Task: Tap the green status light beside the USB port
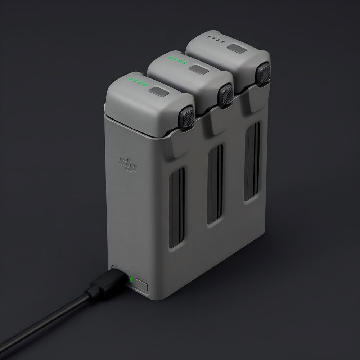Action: click(131, 279)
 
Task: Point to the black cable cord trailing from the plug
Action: click(47, 320)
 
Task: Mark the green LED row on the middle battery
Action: click(178, 61)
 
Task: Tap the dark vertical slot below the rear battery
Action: click(252, 161)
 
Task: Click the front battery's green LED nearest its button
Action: click(145, 85)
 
